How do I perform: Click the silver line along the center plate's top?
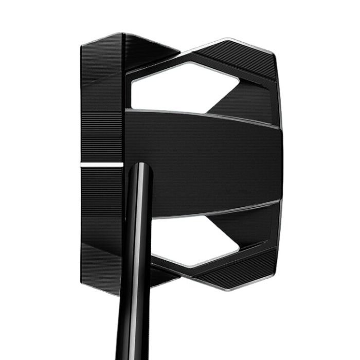click(206, 114)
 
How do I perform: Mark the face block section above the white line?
click(102, 103)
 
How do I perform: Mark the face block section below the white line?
click(102, 221)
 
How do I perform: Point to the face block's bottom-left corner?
click(83, 280)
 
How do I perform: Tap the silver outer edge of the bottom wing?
click(231, 288)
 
